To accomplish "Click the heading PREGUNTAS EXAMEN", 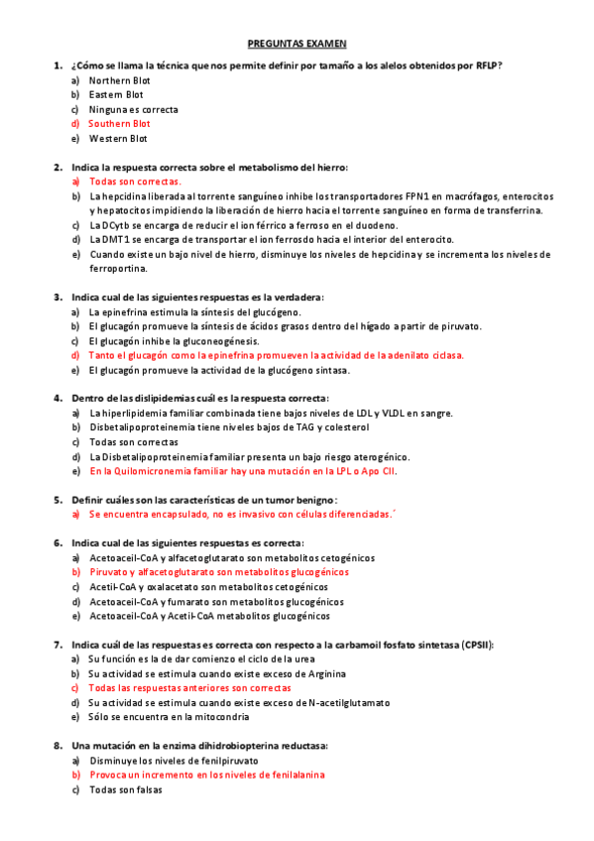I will pos(297,44).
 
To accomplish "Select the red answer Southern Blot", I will pos(119,124).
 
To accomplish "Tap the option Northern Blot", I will pos(119,79).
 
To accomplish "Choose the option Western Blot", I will pos(118,139).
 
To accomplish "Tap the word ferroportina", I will pos(117,268).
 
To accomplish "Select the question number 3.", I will pos(58,298).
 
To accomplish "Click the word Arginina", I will pos(322,673).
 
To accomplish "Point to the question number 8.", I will pos(58,746).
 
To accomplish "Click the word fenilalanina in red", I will pos(296,775).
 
